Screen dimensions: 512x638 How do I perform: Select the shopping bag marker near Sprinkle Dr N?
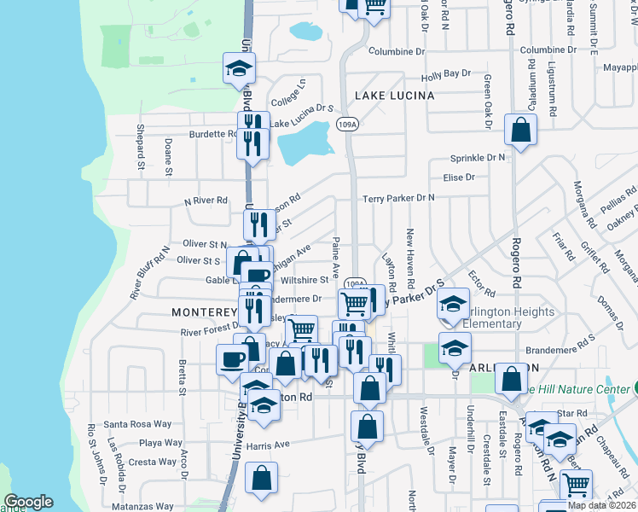coord(520,131)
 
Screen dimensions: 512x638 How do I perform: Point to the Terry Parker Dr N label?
coord(398,198)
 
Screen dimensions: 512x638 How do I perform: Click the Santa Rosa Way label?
coord(137,424)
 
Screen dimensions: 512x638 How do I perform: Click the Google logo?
coord(28,502)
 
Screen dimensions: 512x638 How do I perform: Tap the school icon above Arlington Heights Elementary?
coord(455,304)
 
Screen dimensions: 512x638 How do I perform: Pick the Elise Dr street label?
coord(459,177)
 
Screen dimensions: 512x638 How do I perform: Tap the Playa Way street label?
coord(161,443)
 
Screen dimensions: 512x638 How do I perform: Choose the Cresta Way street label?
coord(153,462)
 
